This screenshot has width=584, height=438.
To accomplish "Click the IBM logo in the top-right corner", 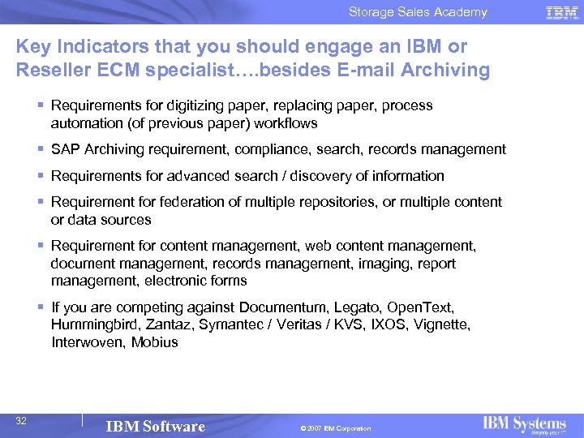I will pos(561,12).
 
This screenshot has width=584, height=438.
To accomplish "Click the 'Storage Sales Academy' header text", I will pos(418,12).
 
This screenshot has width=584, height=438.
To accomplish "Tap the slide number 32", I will pos(22,420).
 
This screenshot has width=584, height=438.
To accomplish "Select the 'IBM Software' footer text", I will pos(156,427).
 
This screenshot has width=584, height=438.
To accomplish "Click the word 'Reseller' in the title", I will pos(51,70).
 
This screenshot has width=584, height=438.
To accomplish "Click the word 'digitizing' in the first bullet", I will pos(168,105).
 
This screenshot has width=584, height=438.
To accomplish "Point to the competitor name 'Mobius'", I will pos(154,342).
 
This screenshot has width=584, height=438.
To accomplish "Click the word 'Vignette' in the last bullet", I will pos(441,325).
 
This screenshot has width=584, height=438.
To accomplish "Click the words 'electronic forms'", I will pos(195,281).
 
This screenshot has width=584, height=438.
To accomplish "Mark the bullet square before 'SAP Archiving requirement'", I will pos(41,149).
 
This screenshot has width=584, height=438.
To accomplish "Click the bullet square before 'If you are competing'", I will pos(41,307).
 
